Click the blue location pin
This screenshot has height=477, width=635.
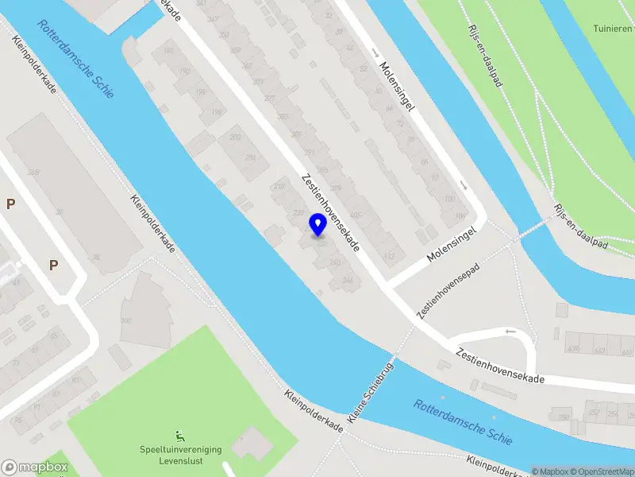pyautogui.click(x=317, y=224)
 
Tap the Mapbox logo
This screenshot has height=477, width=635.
pyautogui.click(x=34, y=467)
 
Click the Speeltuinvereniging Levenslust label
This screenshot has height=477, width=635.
pyautogui.click(x=182, y=455)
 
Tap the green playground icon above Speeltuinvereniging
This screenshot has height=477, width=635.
pyautogui.click(x=182, y=435)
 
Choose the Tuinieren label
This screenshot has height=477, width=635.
pyautogui.click(x=613, y=29)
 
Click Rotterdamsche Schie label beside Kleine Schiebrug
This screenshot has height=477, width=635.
pyautogui.click(x=463, y=421)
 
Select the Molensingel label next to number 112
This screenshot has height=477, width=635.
pyautogui.click(x=450, y=245)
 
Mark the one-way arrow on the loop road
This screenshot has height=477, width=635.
pyautogui.click(x=510, y=331)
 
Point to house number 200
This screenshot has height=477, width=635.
pyautogui.click(x=235, y=138)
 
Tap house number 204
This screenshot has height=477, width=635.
pyautogui.click(x=250, y=157)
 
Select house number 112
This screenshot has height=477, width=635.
pyautogui.click(x=389, y=256)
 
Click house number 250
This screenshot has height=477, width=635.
pyautogui.click(x=565, y=417)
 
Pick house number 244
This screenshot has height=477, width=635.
pyautogui.click(x=346, y=280)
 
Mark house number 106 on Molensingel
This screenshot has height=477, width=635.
pyautogui.click(x=460, y=215)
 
